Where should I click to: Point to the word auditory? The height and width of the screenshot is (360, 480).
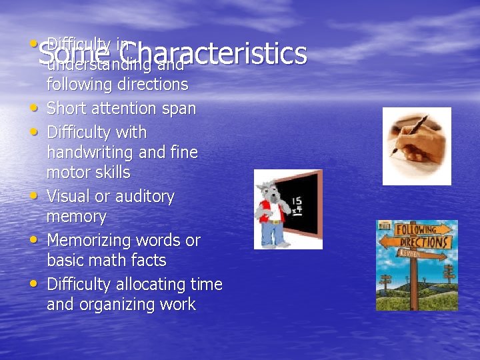(142, 197)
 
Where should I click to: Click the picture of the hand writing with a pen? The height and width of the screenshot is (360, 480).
(416, 146)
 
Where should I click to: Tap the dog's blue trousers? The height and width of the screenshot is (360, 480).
(273, 234)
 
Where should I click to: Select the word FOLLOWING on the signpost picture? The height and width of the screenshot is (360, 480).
(417, 229)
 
